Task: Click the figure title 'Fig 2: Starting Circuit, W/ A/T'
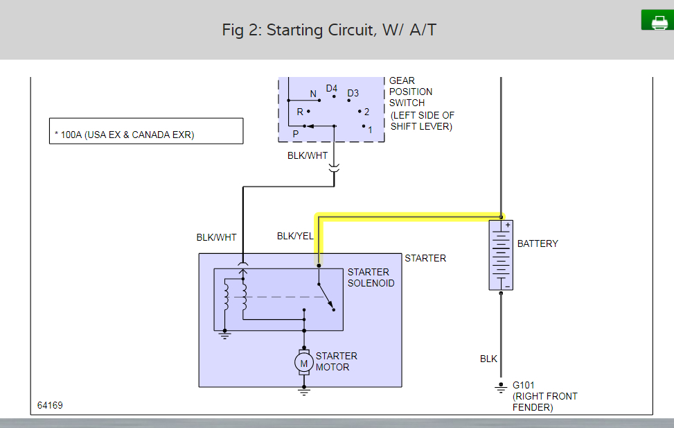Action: [x=329, y=30]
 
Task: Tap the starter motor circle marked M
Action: [x=303, y=361]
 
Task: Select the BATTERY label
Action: [x=538, y=243]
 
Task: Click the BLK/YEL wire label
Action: [x=295, y=236]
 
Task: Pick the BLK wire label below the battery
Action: [x=488, y=359]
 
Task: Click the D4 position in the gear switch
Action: [x=332, y=88]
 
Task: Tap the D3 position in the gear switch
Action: [x=353, y=93]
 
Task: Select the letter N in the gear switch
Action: [x=312, y=94]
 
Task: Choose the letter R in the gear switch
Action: [x=300, y=112]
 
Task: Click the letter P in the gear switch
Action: [x=295, y=133]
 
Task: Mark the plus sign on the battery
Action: [x=507, y=225]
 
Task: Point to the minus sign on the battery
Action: [x=507, y=285]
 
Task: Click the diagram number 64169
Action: [x=50, y=405]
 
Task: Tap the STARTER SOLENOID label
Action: [x=371, y=277]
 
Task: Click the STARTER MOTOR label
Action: [x=337, y=361]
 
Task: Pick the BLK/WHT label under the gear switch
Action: [x=308, y=155]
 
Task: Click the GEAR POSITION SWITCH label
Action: [x=411, y=92]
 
